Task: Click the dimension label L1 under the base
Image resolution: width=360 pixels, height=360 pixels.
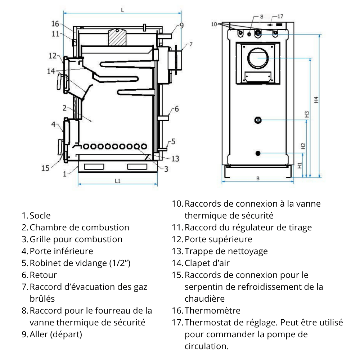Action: pyautogui.click(x=118, y=181)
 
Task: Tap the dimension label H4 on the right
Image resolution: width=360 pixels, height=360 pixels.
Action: pyautogui.click(x=316, y=100)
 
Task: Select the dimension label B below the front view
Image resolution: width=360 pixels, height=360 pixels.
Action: pyautogui.click(x=258, y=179)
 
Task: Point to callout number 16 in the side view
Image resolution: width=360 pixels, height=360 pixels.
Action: pyautogui.click(x=55, y=24)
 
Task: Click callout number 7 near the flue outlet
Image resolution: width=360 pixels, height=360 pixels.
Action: pyautogui.click(x=191, y=44)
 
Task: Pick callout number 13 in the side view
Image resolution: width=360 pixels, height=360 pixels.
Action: pyautogui.click(x=175, y=159)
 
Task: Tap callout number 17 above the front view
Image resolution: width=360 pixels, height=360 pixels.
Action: pyautogui.click(x=280, y=16)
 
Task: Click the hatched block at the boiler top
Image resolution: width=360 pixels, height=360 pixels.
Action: pyautogui.click(x=117, y=37)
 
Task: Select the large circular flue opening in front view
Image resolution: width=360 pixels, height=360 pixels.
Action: pyautogui.click(x=258, y=58)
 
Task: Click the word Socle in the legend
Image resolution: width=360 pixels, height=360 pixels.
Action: pyautogui.click(x=40, y=216)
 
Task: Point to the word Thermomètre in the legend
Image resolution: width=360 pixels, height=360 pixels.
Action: pyautogui.click(x=212, y=311)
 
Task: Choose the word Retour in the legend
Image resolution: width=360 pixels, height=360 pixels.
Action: pyautogui.click(x=43, y=275)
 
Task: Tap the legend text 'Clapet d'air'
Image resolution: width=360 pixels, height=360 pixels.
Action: pyautogui.click(x=207, y=263)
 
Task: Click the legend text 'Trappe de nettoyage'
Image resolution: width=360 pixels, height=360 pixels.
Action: pyautogui.click(x=226, y=251)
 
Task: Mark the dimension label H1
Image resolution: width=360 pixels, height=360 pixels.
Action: pyautogui.click(x=300, y=165)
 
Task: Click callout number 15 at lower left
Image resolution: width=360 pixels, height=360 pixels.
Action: pyautogui.click(x=45, y=168)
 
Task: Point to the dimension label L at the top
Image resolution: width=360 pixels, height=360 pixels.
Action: pyautogui.click(x=122, y=10)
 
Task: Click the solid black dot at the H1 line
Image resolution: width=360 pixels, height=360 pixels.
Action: pyautogui.click(x=258, y=153)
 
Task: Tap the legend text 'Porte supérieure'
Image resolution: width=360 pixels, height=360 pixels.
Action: pyautogui.click(x=219, y=239)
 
